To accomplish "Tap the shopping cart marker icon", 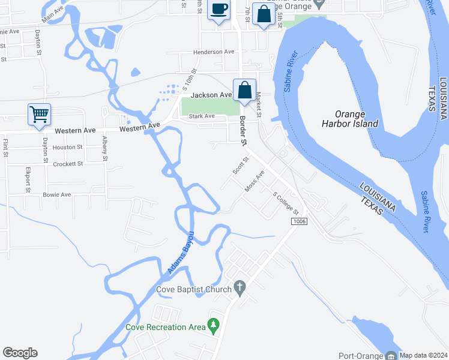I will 39,113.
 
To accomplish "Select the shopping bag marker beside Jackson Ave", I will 244,91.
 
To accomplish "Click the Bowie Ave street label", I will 57,194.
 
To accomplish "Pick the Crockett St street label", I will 67,164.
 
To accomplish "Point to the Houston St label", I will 67,147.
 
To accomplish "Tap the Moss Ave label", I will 255,181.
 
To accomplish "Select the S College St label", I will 286,203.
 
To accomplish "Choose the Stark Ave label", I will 202,116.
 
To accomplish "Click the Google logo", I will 20,353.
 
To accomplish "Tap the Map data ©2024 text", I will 423,355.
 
